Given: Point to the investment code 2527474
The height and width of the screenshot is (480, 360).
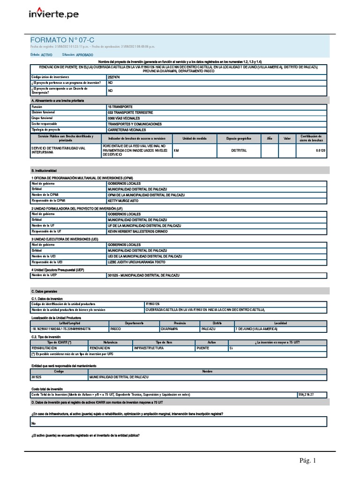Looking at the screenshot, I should (114, 76).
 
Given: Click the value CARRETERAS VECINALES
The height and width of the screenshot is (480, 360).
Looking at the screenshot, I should (127, 129).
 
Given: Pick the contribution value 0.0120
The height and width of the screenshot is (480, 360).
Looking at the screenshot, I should (321, 151).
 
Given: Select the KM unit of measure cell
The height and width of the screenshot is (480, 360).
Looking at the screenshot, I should (176, 151).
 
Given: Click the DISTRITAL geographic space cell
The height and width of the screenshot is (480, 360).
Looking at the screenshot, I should (239, 151).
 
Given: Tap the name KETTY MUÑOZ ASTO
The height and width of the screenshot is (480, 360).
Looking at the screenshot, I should (127, 201).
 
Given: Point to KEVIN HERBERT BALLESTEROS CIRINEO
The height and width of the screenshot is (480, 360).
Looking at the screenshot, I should (144, 232).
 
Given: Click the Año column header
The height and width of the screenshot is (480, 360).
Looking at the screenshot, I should (269, 139).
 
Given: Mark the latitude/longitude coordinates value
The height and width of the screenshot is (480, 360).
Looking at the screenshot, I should (61, 329).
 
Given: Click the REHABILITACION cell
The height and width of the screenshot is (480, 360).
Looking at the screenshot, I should (45, 349).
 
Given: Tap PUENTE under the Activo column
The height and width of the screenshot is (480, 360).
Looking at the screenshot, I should (203, 349).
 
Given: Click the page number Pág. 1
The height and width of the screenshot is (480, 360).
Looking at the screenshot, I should (308, 461).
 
